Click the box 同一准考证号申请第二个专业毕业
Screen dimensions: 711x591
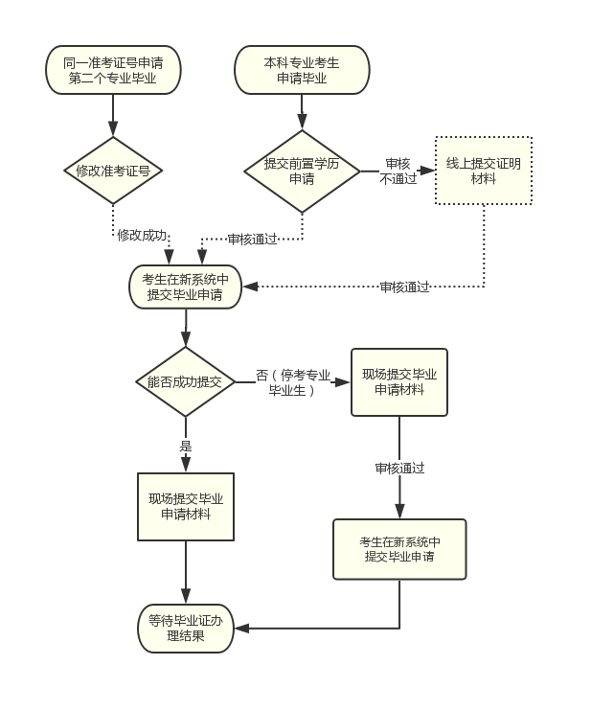point(113,70)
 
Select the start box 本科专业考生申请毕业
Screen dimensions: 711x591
point(302,70)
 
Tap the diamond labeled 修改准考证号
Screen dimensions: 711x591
point(113,171)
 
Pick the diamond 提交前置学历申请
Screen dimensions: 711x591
point(302,171)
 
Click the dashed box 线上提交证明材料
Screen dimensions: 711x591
point(484,171)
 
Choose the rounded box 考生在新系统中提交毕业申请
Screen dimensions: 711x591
point(185,287)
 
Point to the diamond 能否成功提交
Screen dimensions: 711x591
point(185,381)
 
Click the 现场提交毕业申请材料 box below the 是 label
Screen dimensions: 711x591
point(186,506)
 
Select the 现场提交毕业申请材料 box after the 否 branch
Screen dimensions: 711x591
point(398,381)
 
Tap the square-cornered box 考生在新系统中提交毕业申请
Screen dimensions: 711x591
point(399,549)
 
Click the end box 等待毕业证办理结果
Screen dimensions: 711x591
point(186,628)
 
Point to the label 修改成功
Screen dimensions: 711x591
point(142,235)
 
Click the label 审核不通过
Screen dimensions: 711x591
point(398,171)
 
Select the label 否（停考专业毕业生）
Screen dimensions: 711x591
point(293,381)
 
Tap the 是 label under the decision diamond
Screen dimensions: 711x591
point(186,446)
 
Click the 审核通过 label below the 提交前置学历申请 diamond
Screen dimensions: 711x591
point(252,239)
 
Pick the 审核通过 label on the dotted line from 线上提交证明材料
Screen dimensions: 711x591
point(404,287)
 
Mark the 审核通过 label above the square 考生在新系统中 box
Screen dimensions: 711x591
point(399,468)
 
